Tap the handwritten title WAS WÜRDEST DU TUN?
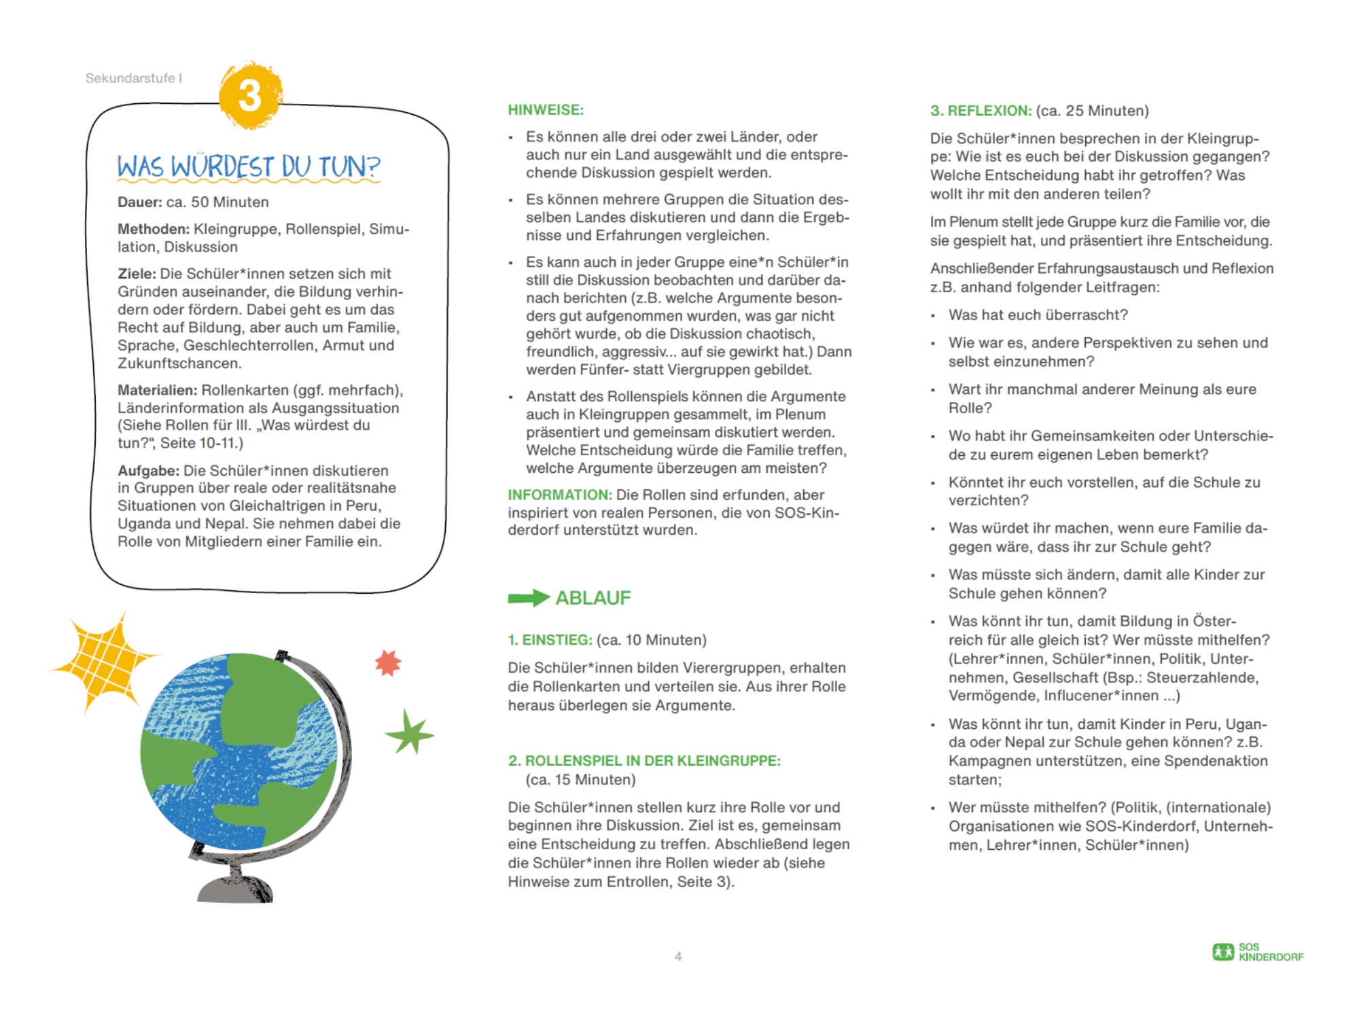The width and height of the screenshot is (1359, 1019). pyautogui.click(x=248, y=166)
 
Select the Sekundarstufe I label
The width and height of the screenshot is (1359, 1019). pyautogui.click(x=133, y=78)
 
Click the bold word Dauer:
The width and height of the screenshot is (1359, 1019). pyautogui.click(x=139, y=202)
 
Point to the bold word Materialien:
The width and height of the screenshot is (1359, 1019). pyautogui.click(x=157, y=390)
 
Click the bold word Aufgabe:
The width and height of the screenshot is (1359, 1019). pyautogui.click(x=148, y=470)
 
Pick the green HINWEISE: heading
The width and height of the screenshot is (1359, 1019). pyautogui.click(x=546, y=110)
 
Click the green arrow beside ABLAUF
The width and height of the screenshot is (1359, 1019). pyautogui.click(x=528, y=598)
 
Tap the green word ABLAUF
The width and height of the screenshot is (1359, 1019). pyautogui.click(x=593, y=598)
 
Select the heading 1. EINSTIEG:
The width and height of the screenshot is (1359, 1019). pyautogui.click(x=550, y=640)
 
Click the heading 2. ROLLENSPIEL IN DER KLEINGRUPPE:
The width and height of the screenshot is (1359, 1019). pyautogui.click(x=644, y=761)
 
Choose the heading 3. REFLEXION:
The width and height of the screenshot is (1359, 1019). pyautogui.click(x=981, y=111)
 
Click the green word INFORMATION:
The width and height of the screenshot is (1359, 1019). pyautogui.click(x=560, y=495)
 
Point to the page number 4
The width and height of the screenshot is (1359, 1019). pyautogui.click(x=677, y=957)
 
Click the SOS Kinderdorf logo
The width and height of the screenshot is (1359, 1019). pyautogui.click(x=1258, y=952)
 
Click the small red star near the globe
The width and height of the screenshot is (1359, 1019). pyautogui.click(x=389, y=663)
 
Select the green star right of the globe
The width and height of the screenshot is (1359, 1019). pyautogui.click(x=410, y=733)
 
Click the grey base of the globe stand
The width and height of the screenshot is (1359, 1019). pyautogui.click(x=234, y=889)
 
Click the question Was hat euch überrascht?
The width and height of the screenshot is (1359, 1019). pyautogui.click(x=1038, y=315)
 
